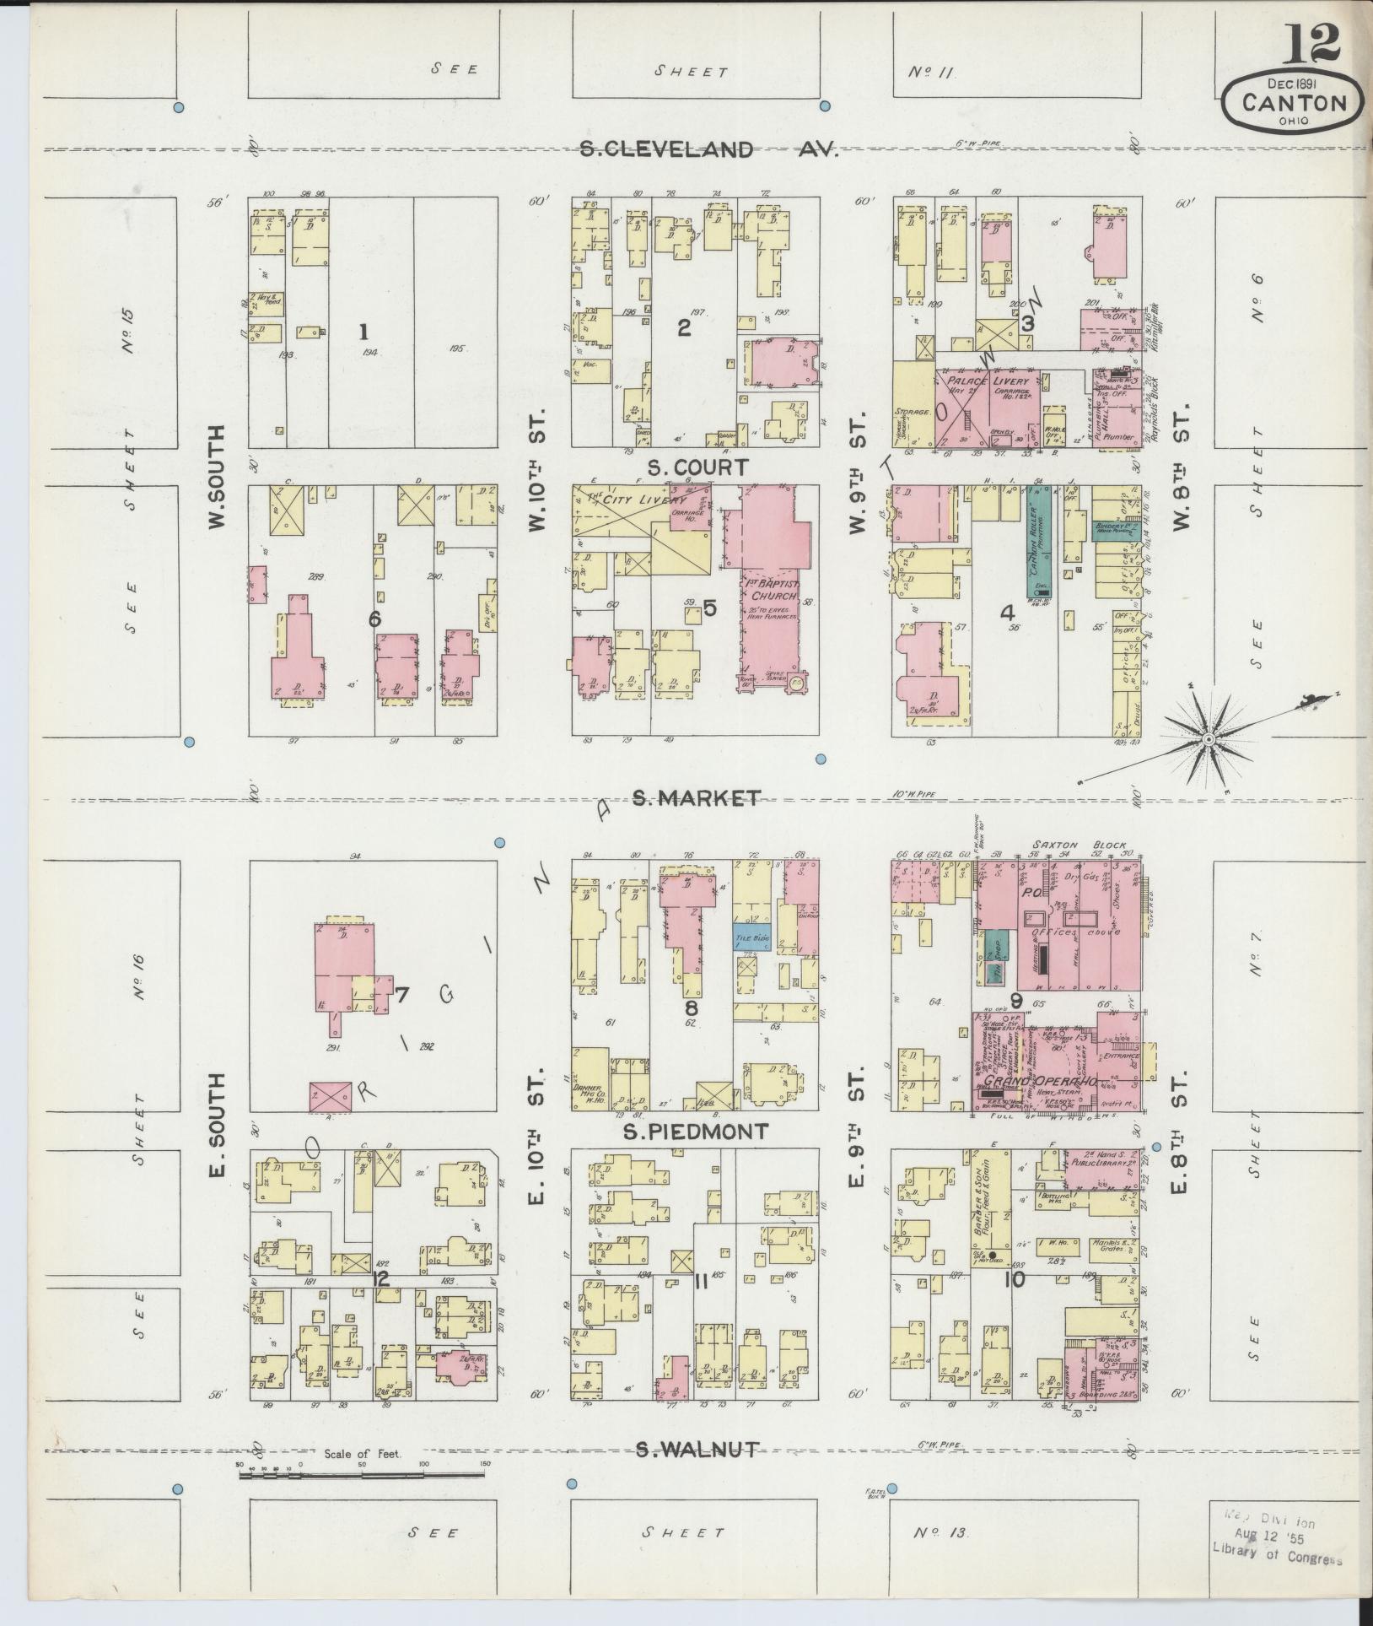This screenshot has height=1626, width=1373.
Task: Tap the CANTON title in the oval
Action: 1293,104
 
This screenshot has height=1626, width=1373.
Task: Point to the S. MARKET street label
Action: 697,797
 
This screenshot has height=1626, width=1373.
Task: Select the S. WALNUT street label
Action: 697,1449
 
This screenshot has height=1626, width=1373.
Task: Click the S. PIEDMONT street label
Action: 696,1132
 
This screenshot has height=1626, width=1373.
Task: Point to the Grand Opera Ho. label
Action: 1036,1081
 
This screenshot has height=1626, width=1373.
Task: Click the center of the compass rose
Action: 1208,739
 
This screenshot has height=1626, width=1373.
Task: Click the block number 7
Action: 401,995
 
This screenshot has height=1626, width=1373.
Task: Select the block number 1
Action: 364,329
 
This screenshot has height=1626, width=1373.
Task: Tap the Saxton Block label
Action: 1076,845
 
